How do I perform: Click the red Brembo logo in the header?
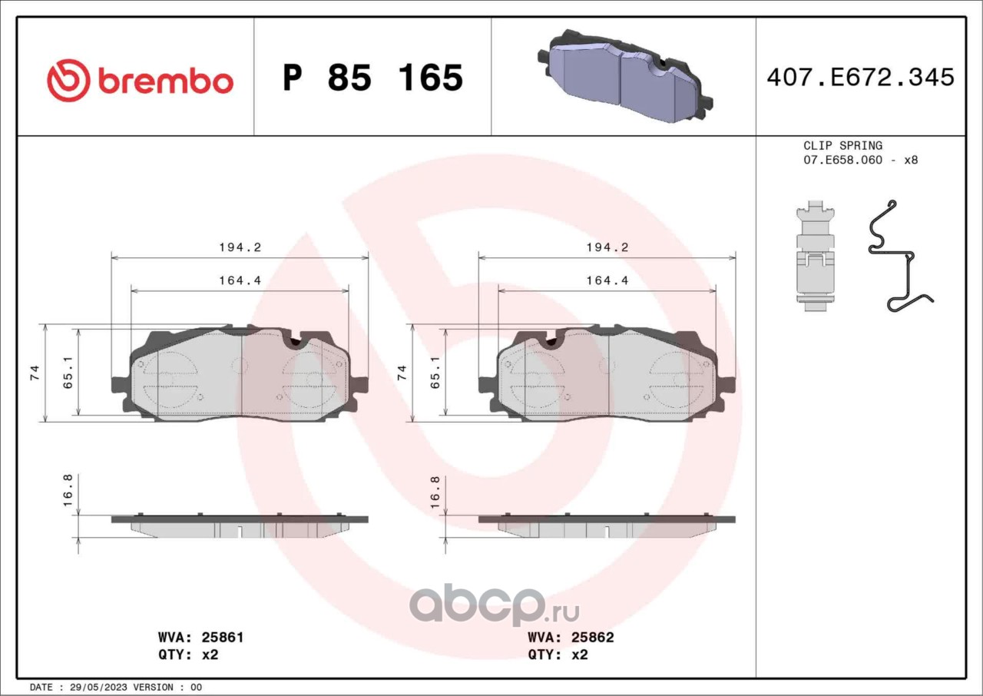(x=140, y=81)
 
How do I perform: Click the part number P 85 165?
(x=372, y=78)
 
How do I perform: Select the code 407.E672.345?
(x=861, y=78)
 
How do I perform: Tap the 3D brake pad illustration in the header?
(x=625, y=75)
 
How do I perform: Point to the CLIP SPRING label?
(x=842, y=145)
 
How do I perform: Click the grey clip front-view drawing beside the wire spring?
(x=815, y=256)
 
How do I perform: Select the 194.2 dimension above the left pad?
(x=240, y=247)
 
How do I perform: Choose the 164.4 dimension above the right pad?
(x=607, y=280)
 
